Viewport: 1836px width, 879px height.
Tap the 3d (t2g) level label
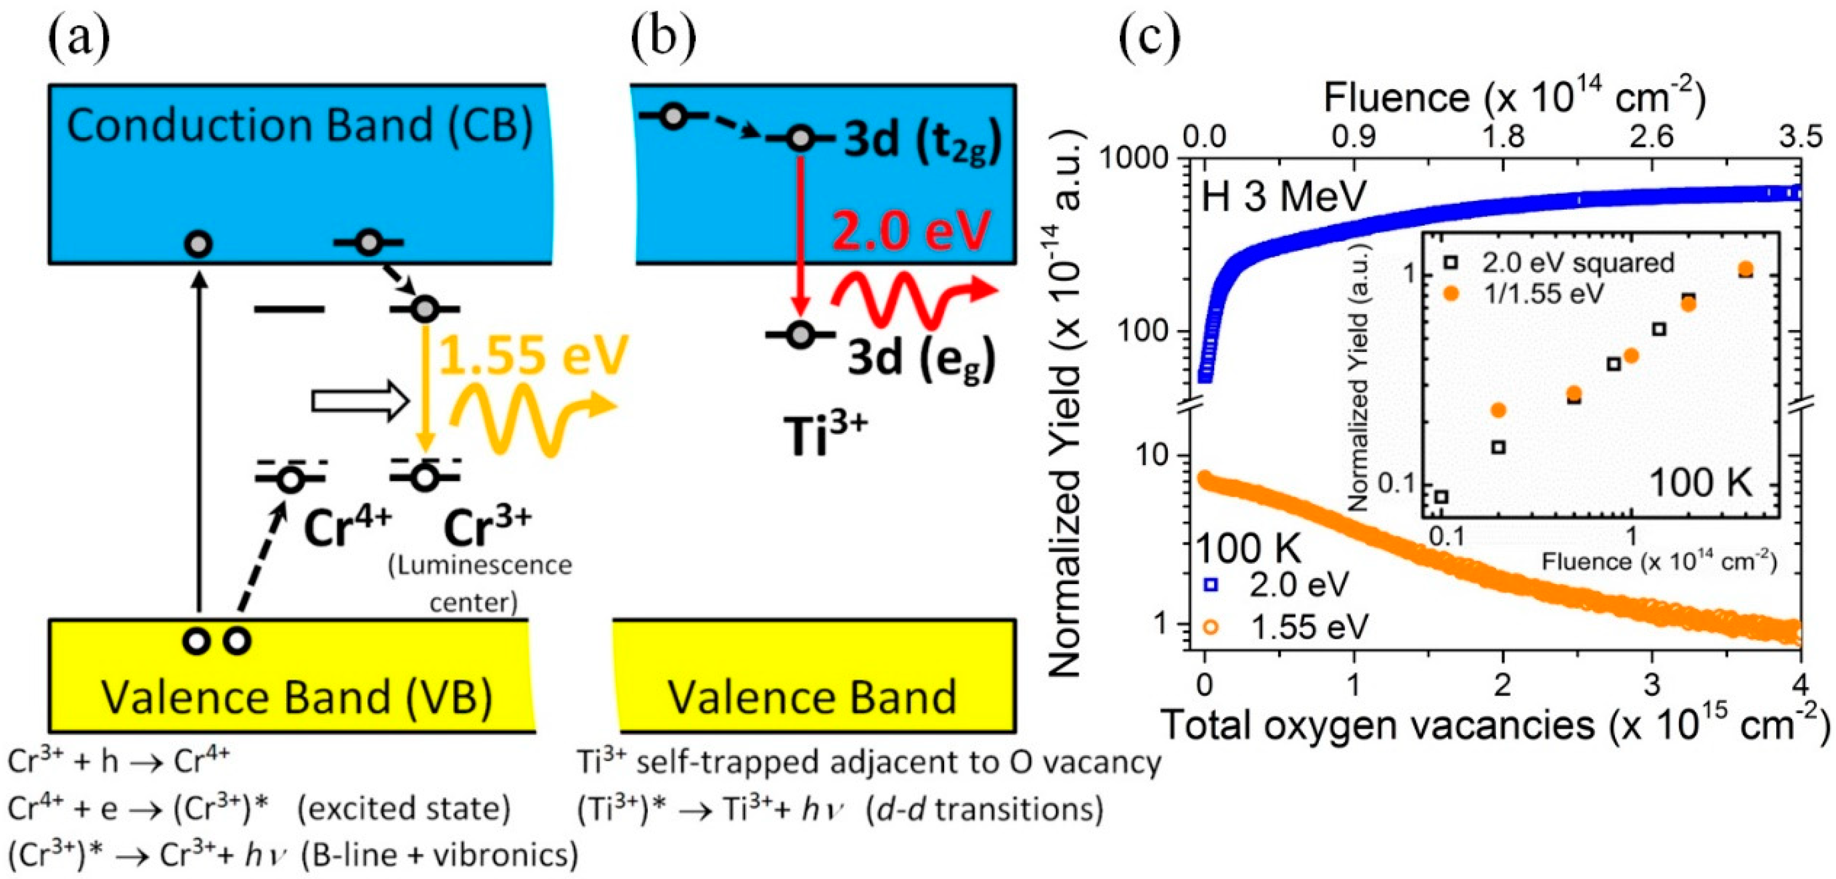922,142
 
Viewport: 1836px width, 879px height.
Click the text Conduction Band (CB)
299,125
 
